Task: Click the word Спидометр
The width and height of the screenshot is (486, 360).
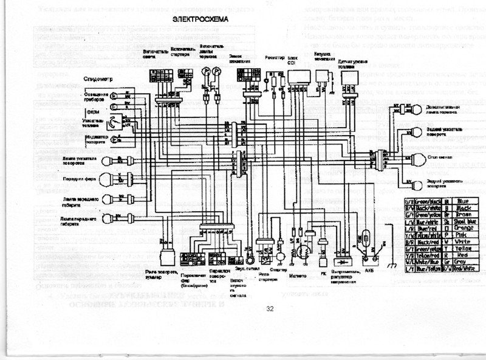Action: pyautogui.click(x=95, y=80)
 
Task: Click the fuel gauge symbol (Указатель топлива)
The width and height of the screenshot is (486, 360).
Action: pyautogui.click(x=112, y=124)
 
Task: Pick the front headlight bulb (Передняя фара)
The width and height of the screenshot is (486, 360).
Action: pyautogui.click(x=105, y=179)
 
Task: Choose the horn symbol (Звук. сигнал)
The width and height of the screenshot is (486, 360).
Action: pyautogui.click(x=250, y=249)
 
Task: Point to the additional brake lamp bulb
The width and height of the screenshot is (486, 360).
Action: pyautogui.click(x=417, y=109)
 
